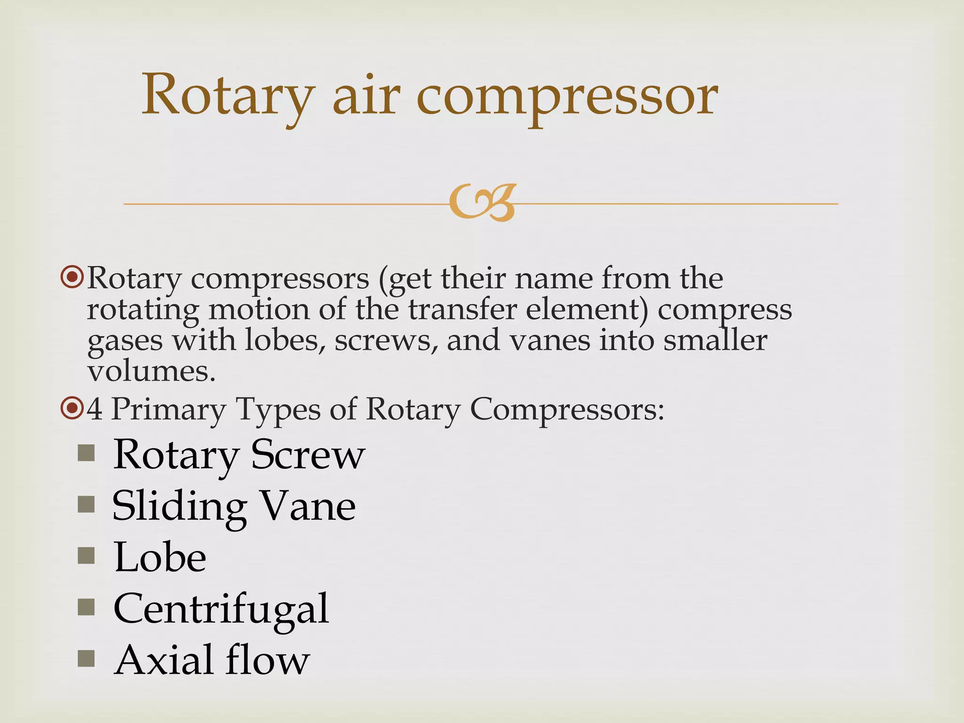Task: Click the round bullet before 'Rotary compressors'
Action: [x=72, y=278]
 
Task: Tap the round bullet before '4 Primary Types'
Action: [x=72, y=409]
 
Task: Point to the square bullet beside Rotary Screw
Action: [x=87, y=454]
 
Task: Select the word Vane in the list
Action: [x=308, y=506]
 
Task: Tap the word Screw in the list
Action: [x=308, y=455]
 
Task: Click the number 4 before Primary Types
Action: [x=95, y=409]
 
